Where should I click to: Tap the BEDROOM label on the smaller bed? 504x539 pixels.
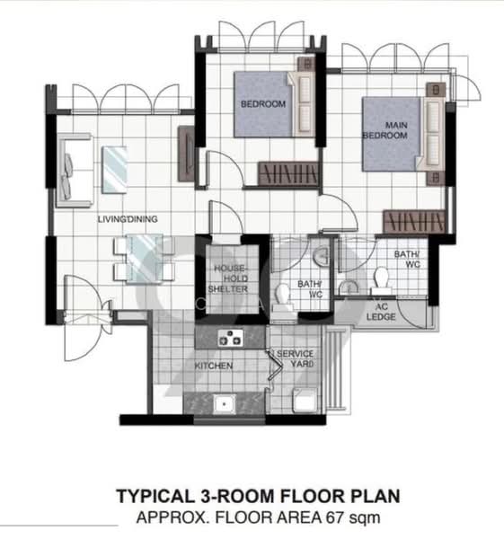pyautogui.click(x=262, y=104)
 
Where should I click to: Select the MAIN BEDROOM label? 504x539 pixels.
pyautogui.click(x=385, y=129)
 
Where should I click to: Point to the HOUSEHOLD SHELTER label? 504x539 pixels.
pyautogui.click(x=228, y=278)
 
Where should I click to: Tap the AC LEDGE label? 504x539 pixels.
pyautogui.click(x=388, y=312)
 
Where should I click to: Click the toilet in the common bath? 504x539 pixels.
pyautogui.click(x=286, y=295)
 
